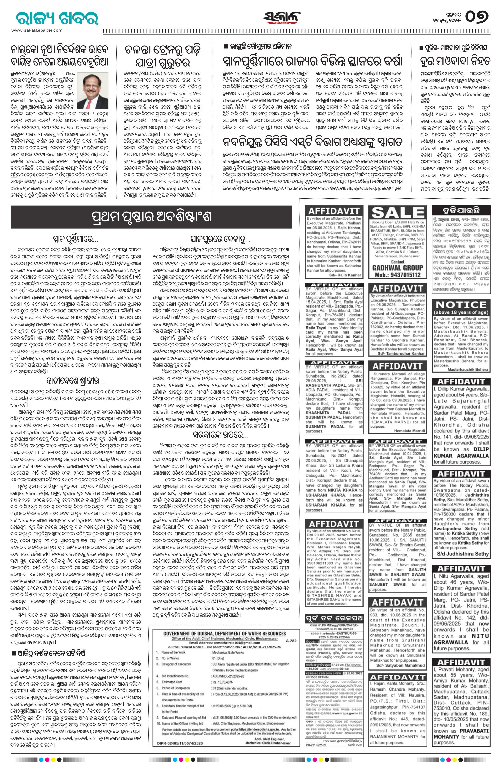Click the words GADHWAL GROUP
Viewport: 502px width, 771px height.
(x=397, y=268)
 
